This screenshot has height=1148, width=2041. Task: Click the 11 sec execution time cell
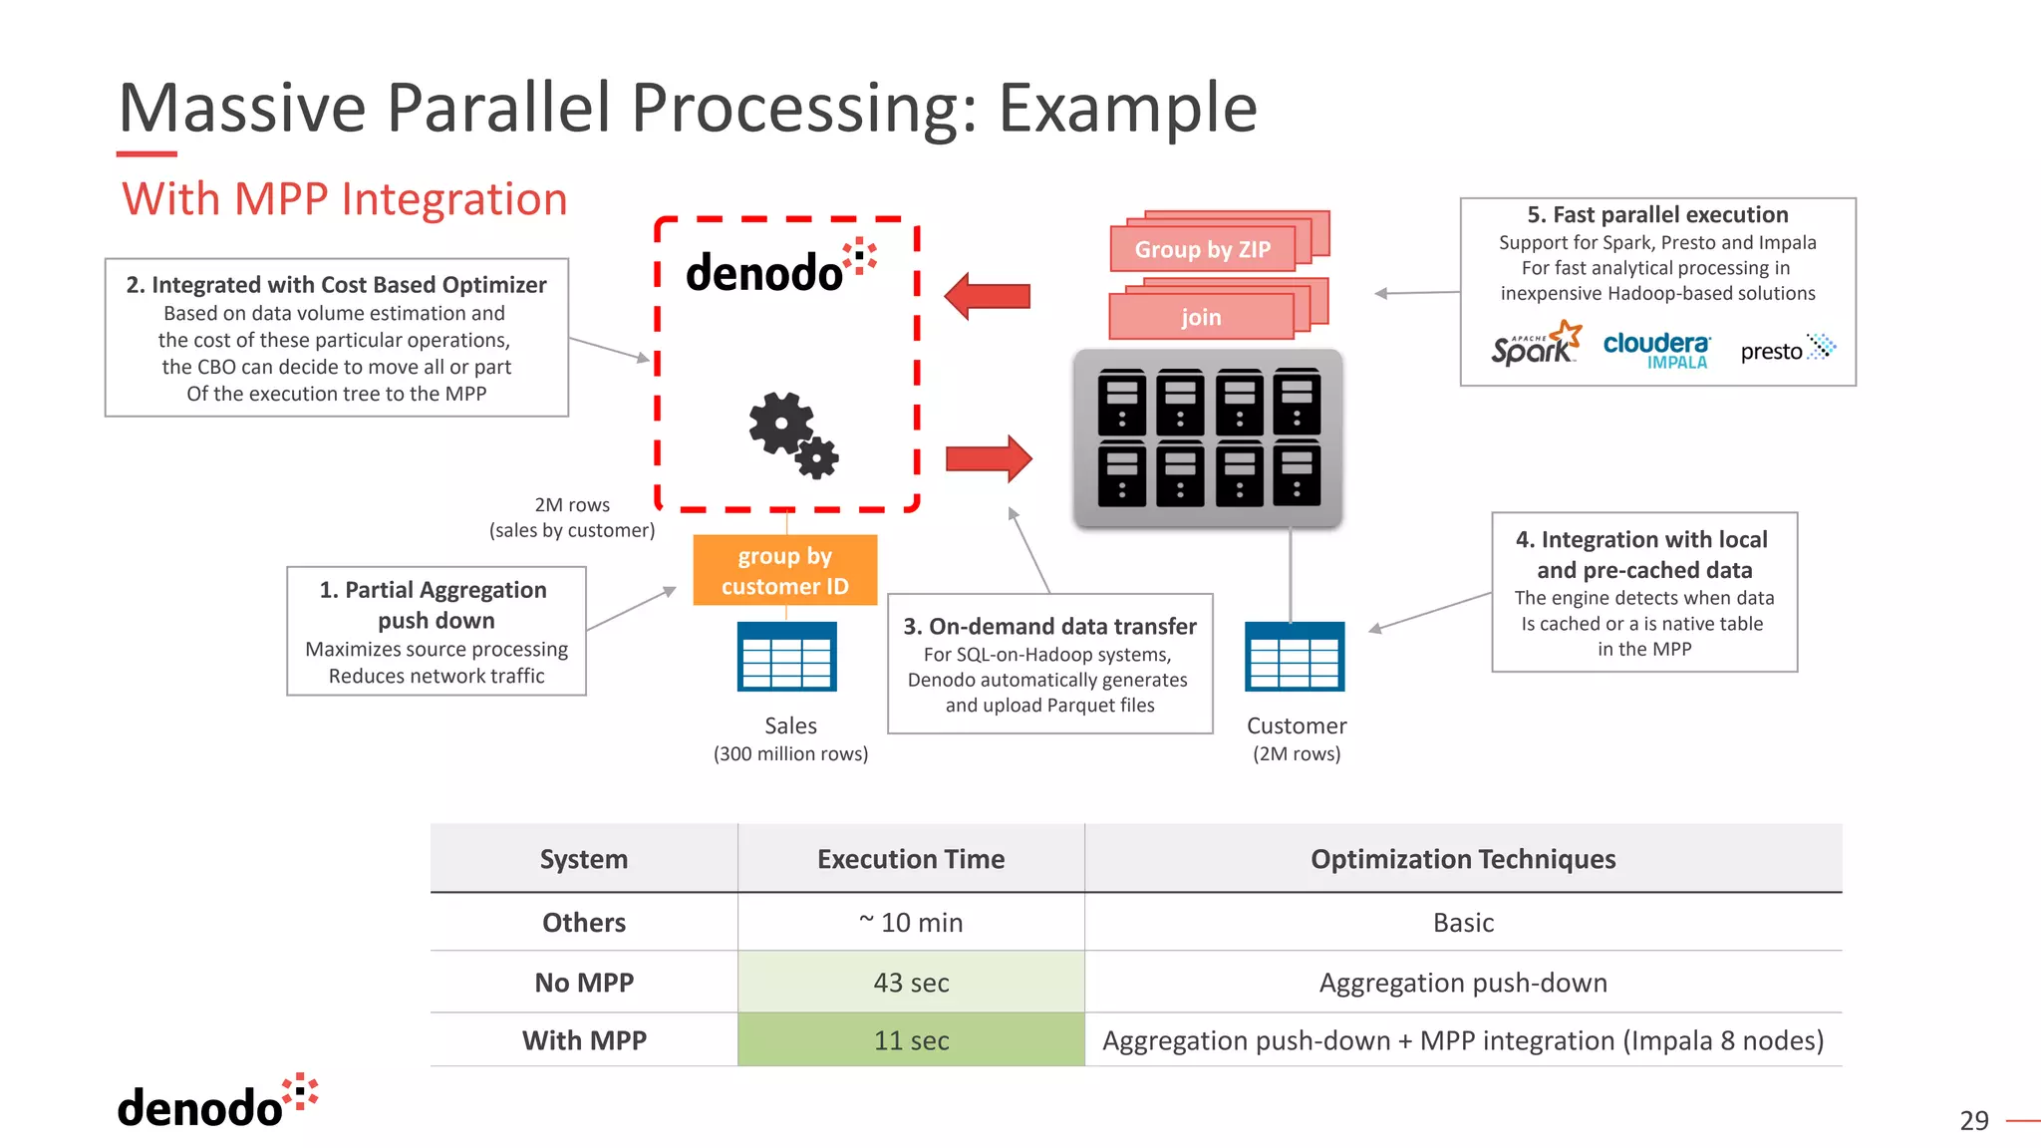pyautogui.click(x=911, y=1040)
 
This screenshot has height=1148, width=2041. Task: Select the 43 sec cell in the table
pyautogui.click(x=911, y=983)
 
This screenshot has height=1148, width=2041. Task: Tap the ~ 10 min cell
pyautogui.click(x=911, y=923)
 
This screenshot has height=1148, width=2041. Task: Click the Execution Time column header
pyautogui.click(x=911, y=859)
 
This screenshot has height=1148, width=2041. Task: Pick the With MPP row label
pyautogui.click(x=584, y=1040)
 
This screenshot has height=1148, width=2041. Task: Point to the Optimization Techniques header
pyautogui.click(x=1462, y=859)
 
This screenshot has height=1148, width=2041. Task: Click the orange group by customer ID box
pyautogui.click(x=785, y=571)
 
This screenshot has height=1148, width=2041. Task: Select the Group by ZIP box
pyautogui.click(x=1203, y=249)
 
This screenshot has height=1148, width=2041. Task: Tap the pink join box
pyautogui.click(x=1201, y=317)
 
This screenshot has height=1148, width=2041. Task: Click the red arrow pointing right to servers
pyautogui.click(x=989, y=459)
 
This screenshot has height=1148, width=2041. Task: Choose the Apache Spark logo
pyautogui.click(x=1535, y=345)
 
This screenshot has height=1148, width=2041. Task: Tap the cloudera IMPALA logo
pyautogui.click(x=1656, y=350)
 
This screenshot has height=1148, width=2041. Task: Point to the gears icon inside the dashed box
pyautogui.click(x=792, y=434)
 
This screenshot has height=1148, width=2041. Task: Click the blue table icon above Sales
pyautogui.click(x=786, y=657)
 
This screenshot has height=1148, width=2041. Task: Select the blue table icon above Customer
pyautogui.click(x=1295, y=657)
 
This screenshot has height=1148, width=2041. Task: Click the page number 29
pyautogui.click(x=1973, y=1121)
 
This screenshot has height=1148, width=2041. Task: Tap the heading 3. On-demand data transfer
pyautogui.click(x=1049, y=627)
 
